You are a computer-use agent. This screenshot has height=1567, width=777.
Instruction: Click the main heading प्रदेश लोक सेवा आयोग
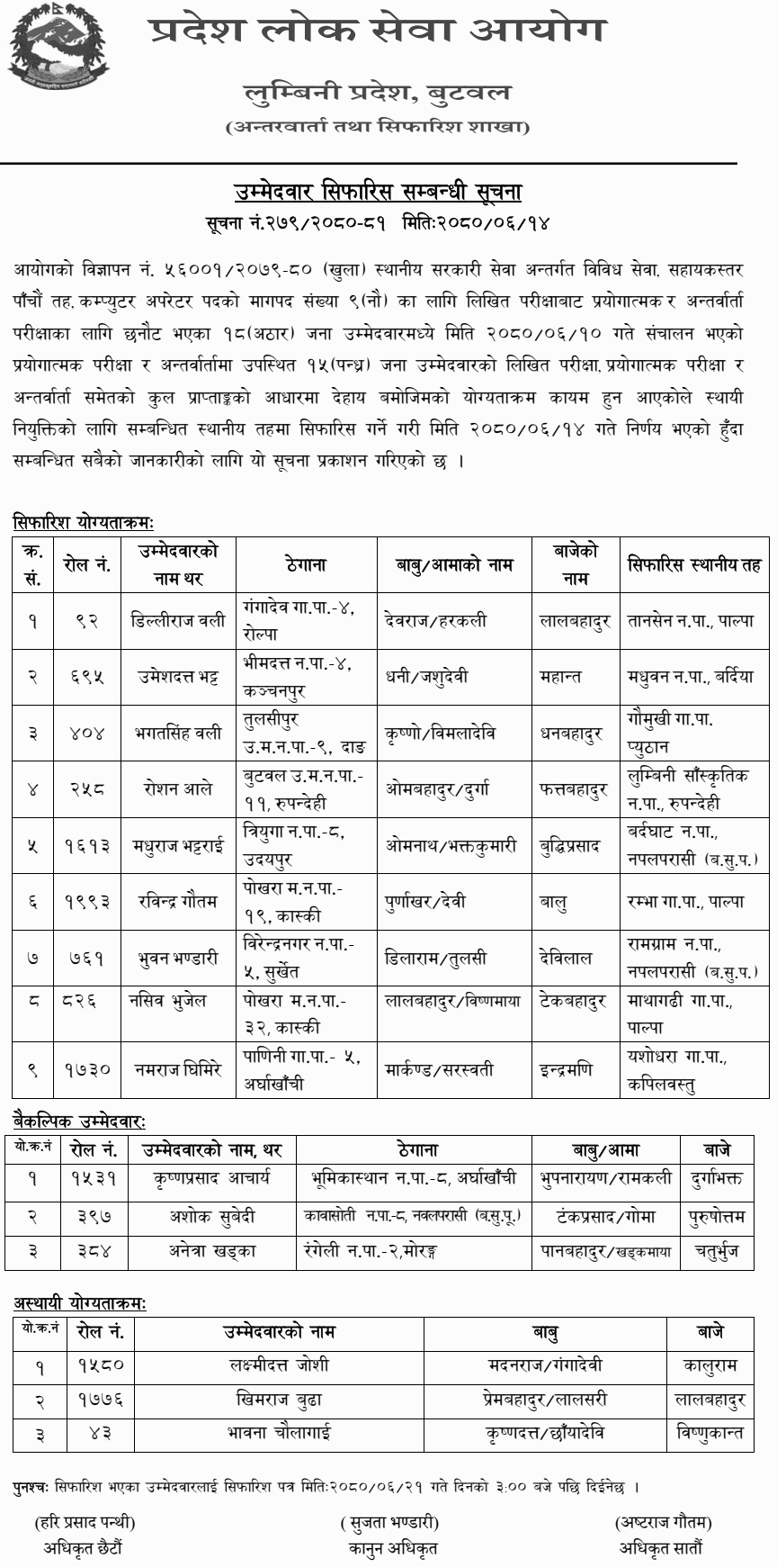coord(377,31)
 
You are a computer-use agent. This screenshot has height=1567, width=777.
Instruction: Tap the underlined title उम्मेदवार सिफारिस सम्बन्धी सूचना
coord(378,192)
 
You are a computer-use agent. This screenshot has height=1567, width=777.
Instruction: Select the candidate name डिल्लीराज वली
coord(177,620)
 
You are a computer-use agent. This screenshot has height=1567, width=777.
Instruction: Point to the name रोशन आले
coord(177,788)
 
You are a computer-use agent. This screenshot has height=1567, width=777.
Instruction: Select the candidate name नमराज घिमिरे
coord(177,1070)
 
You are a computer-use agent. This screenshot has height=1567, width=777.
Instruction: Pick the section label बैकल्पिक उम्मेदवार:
coord(79,1120)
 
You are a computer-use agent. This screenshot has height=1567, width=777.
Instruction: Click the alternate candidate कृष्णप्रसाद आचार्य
coord(212,1178)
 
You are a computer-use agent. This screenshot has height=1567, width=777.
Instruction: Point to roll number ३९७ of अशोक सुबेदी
coord(94,1216)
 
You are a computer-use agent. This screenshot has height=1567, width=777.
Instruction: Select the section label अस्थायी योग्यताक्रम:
coord(79,1302)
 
